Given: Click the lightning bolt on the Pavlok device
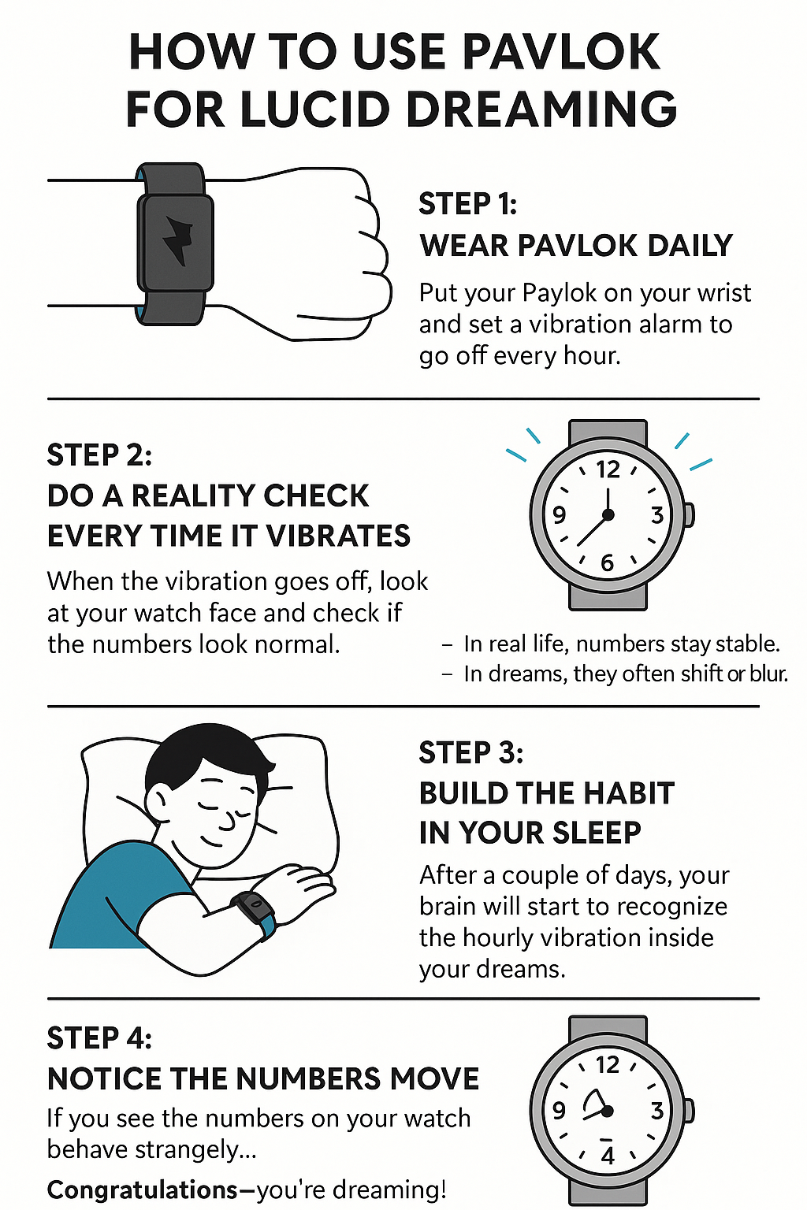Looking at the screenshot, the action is point(177,240).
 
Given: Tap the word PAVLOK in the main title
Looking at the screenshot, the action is point(562,52).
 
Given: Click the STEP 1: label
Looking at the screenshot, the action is point(467,204).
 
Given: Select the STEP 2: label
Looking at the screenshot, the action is point(99,455).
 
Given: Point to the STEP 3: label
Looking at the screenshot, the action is point(470,752).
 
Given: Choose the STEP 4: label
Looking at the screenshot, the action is point(99,1037).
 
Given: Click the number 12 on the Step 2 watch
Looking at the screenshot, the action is point(608,470).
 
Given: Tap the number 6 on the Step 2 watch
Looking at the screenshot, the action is point(608,563).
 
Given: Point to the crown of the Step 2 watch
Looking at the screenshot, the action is point(689,514).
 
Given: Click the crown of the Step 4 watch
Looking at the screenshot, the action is point(689,1111).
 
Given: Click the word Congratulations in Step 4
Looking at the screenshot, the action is point(142,1190).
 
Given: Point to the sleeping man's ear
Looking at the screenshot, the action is point(158,801).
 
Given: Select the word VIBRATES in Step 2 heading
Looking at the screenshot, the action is point(338,536).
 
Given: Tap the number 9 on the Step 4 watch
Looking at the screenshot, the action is point(559,1111).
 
